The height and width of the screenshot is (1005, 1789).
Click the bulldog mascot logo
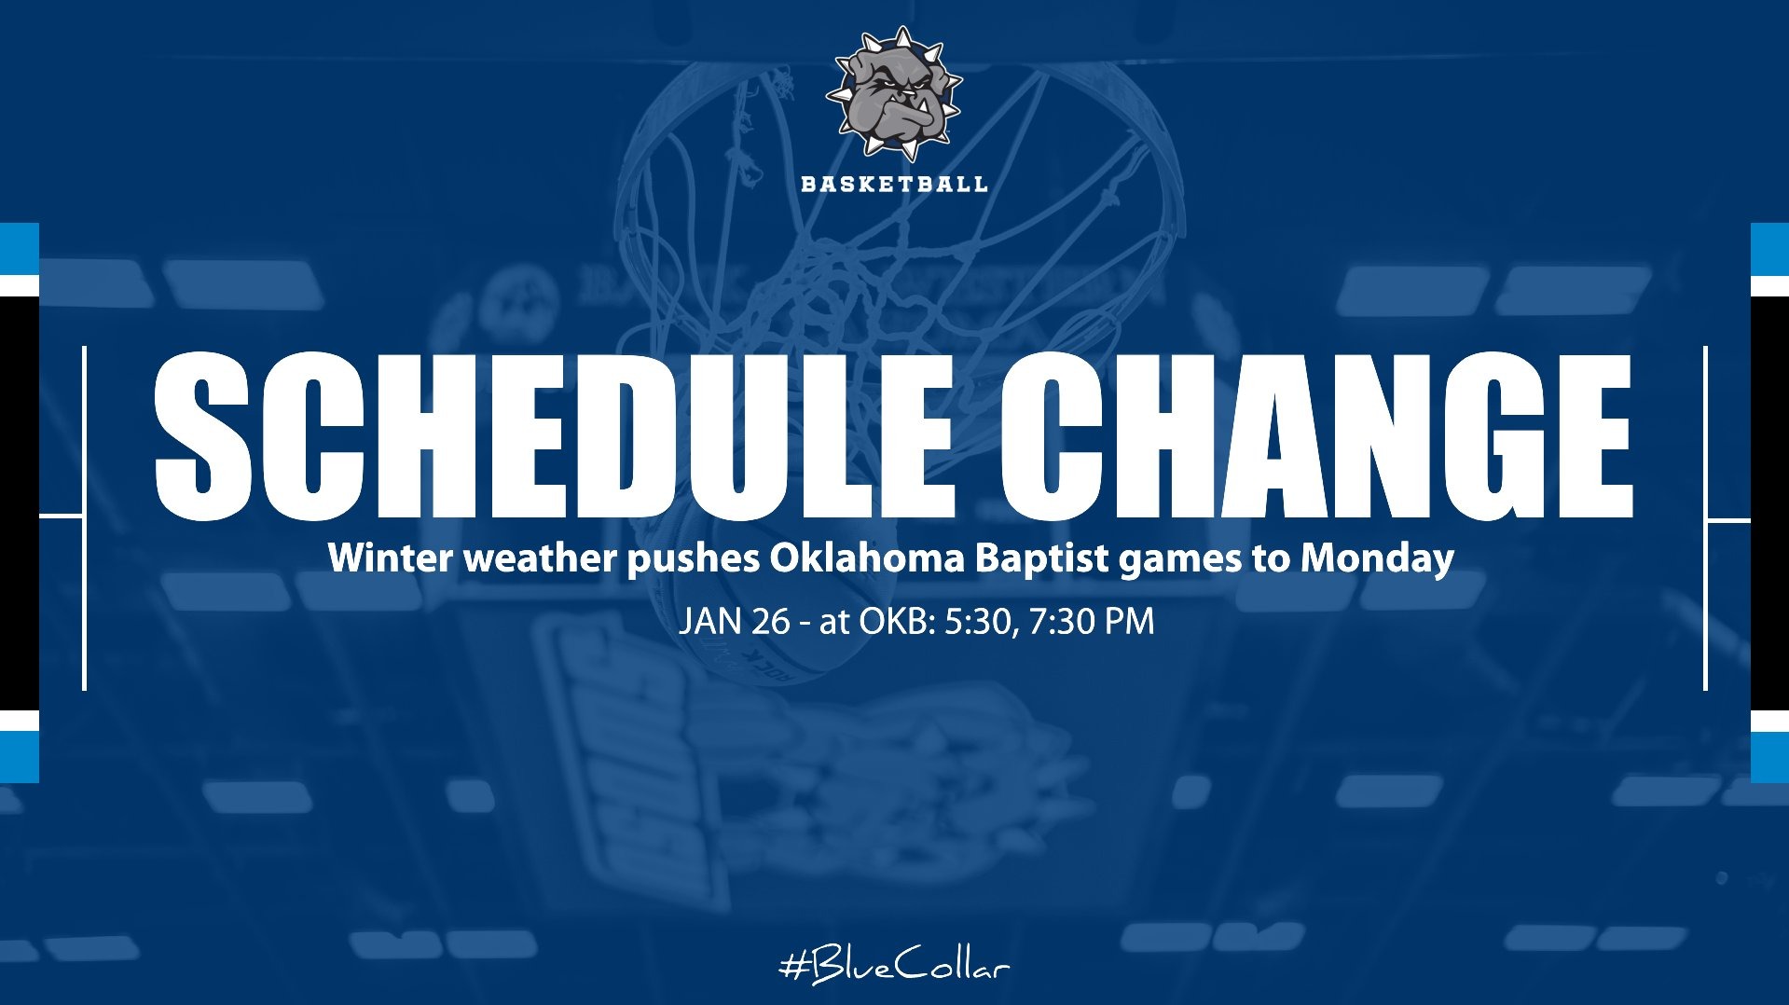click(893, 93)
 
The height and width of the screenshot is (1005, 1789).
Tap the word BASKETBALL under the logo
click(894, 184)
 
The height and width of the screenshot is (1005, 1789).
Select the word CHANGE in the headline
click(1315, 435)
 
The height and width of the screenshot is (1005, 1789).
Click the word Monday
click(1377, 558)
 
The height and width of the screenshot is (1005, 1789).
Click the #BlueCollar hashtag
click(894, 966)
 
